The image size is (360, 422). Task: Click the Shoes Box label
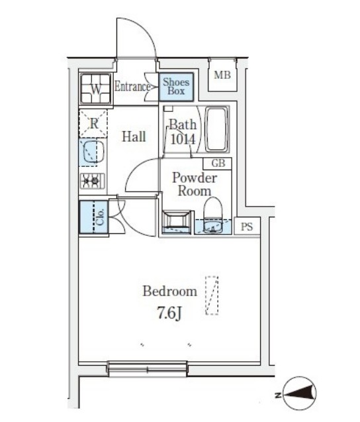(x=176, y=86)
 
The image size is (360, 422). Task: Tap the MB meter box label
(x=222, y=75)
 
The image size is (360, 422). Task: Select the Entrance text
(x=132, y=87)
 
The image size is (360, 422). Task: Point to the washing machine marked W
(x=96, y=88)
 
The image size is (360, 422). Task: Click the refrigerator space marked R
(x=93, y=124)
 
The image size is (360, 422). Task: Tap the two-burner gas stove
(x=92, y=180)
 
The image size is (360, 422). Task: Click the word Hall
(x=134, y=136)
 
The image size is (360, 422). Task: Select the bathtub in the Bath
(x=216, y=129)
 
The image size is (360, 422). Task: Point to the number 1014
(x=183, y=139)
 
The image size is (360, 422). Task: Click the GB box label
(x=218, y=164)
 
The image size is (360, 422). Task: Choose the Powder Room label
(x=195, y=184)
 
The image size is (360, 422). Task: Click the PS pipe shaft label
(x=247, y=227)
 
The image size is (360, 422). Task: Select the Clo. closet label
(x=100, y=217)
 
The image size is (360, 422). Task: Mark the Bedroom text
(x=170, y=291)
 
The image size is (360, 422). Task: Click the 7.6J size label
(x=169, y=313)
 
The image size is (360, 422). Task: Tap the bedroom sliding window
(x=147, y=368)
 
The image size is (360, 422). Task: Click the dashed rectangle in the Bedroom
(x=212, y=295)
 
